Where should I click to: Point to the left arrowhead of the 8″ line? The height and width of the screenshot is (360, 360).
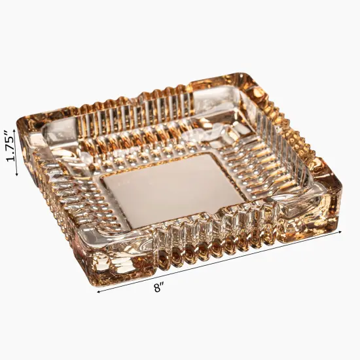pos(99,292)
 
